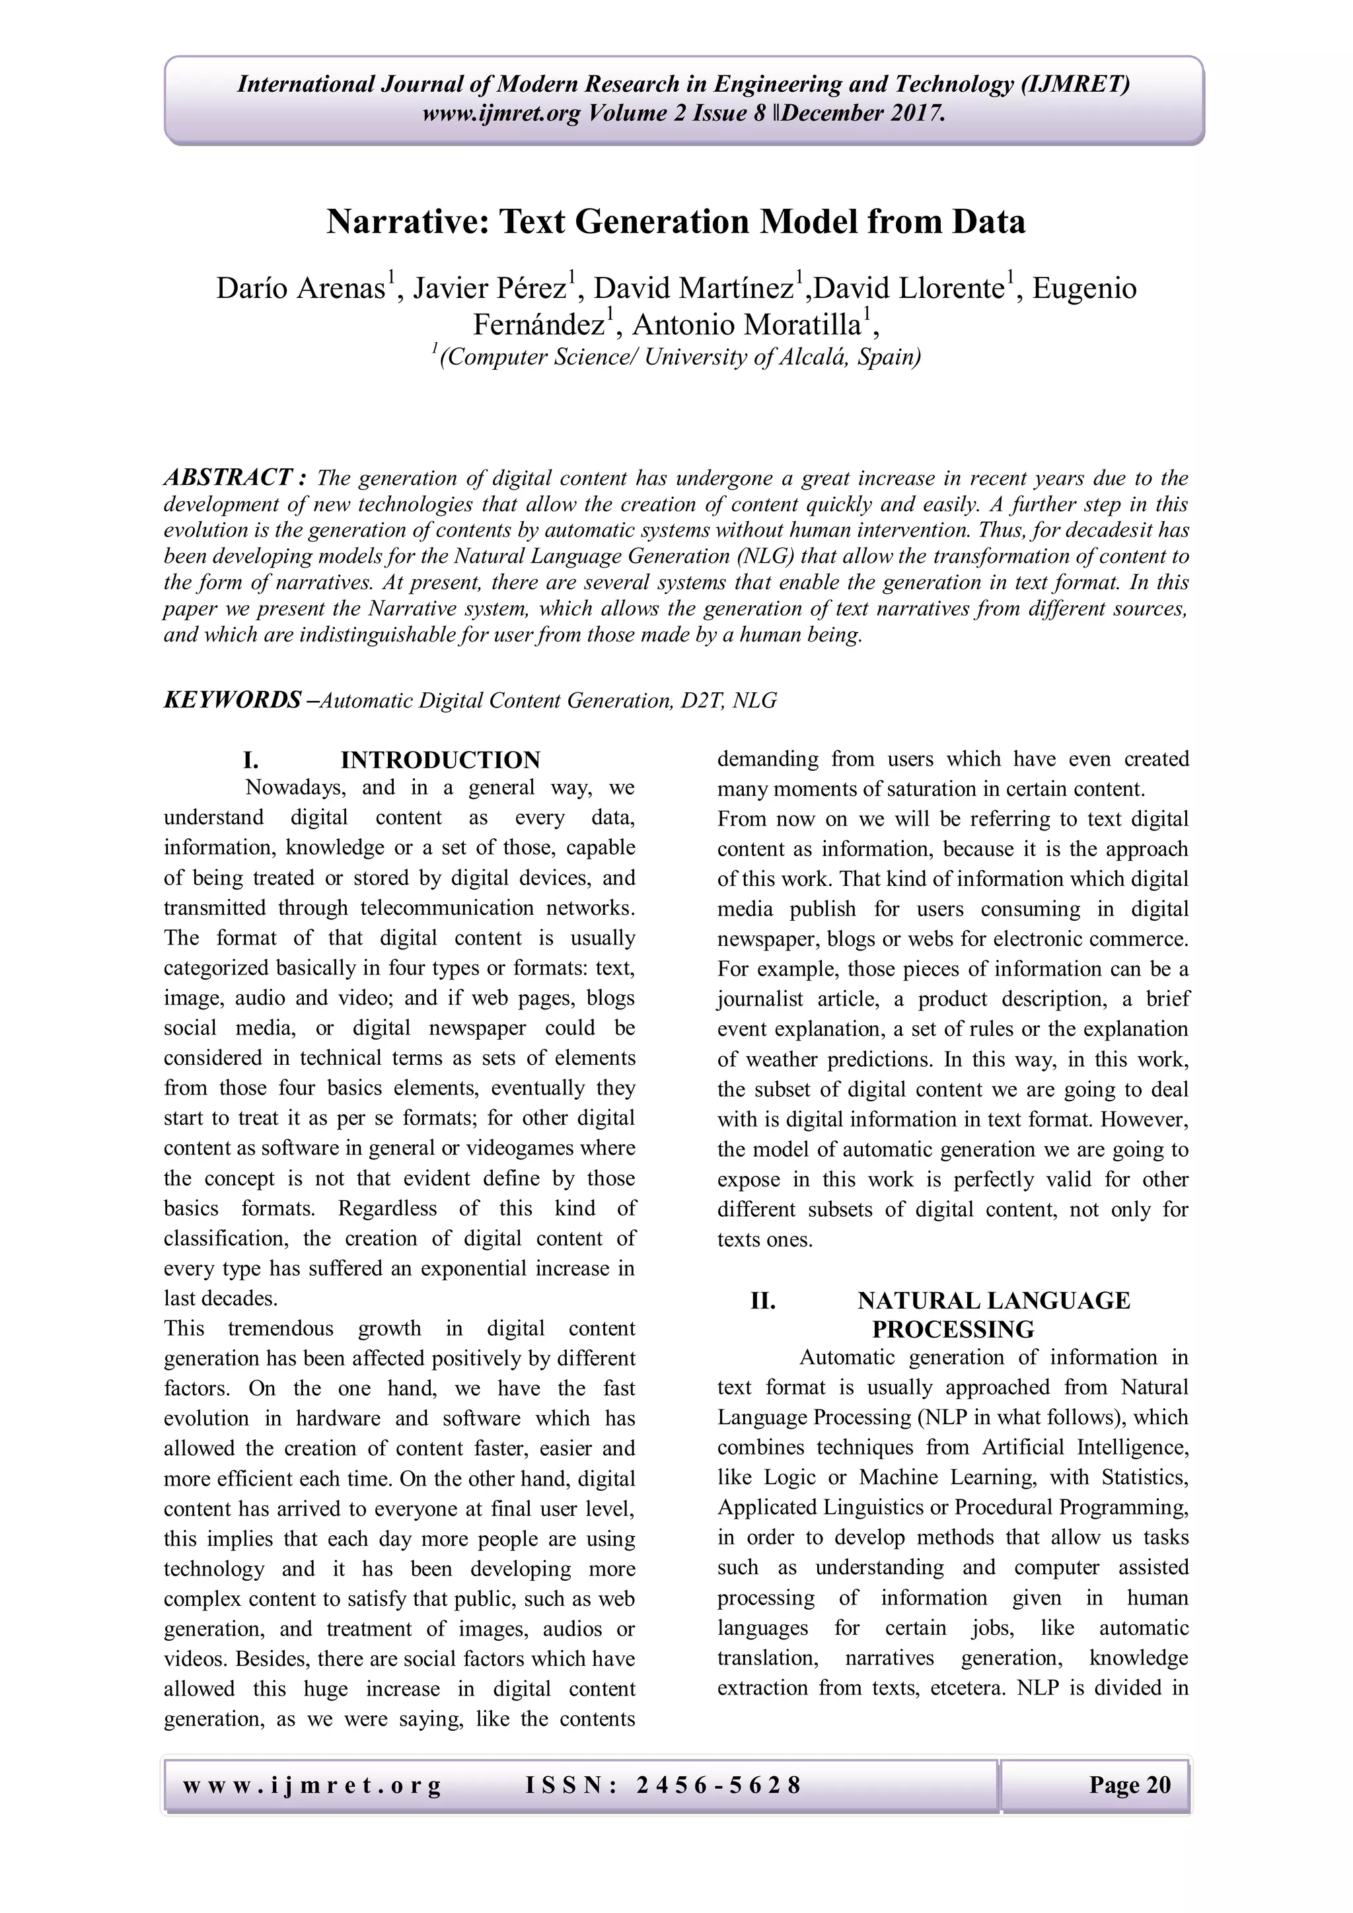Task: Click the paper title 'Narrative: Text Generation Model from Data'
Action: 676,222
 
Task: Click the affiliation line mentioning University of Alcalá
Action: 676,357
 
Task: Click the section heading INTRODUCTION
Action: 440,760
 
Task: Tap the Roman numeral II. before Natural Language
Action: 762,1301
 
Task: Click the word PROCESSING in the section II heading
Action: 952,1329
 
